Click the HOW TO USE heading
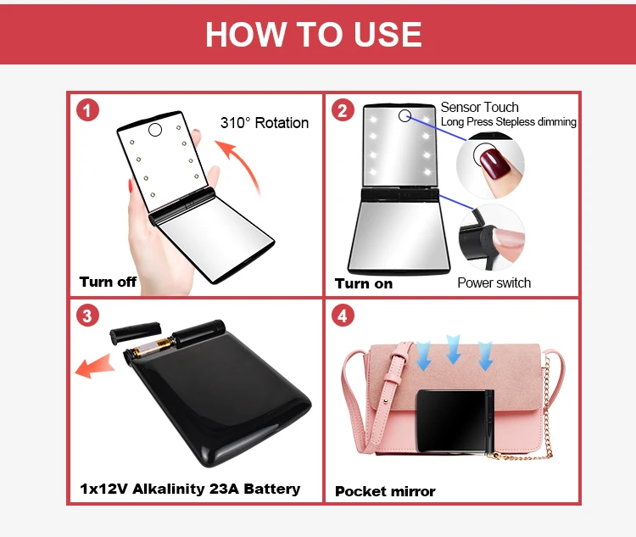pyautogui.click(x=313, y=34)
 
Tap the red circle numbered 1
pyautogui.click(x=87, y=110)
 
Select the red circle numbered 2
pyautogui.click(x=343, y=110)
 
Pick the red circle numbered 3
pyautogui.click(x=87, y=316)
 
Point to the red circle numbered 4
pyautogui.click(x=343, y=316)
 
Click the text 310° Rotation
pyautogui.click(x=265, y=122)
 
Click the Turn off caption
pyautogui.click(x=108, y=282)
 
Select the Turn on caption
pyautogui.click(x=364, y=283)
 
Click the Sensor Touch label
pyautogui.click(x=479, y=107)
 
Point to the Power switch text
pyautogui.click(x=494, y=282)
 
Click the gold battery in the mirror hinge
pyautogui.click(x=153, y=347)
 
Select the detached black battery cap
pyautogui.click(x=136, y=332)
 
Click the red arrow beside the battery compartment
pyautogui.click(x=94, y=366)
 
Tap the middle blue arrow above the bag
pyautogui.click(x=453, y=349)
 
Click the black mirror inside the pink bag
pyautogui.click(x=455, y=421)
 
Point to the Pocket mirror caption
pyautogui.click(x=385, y=491)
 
